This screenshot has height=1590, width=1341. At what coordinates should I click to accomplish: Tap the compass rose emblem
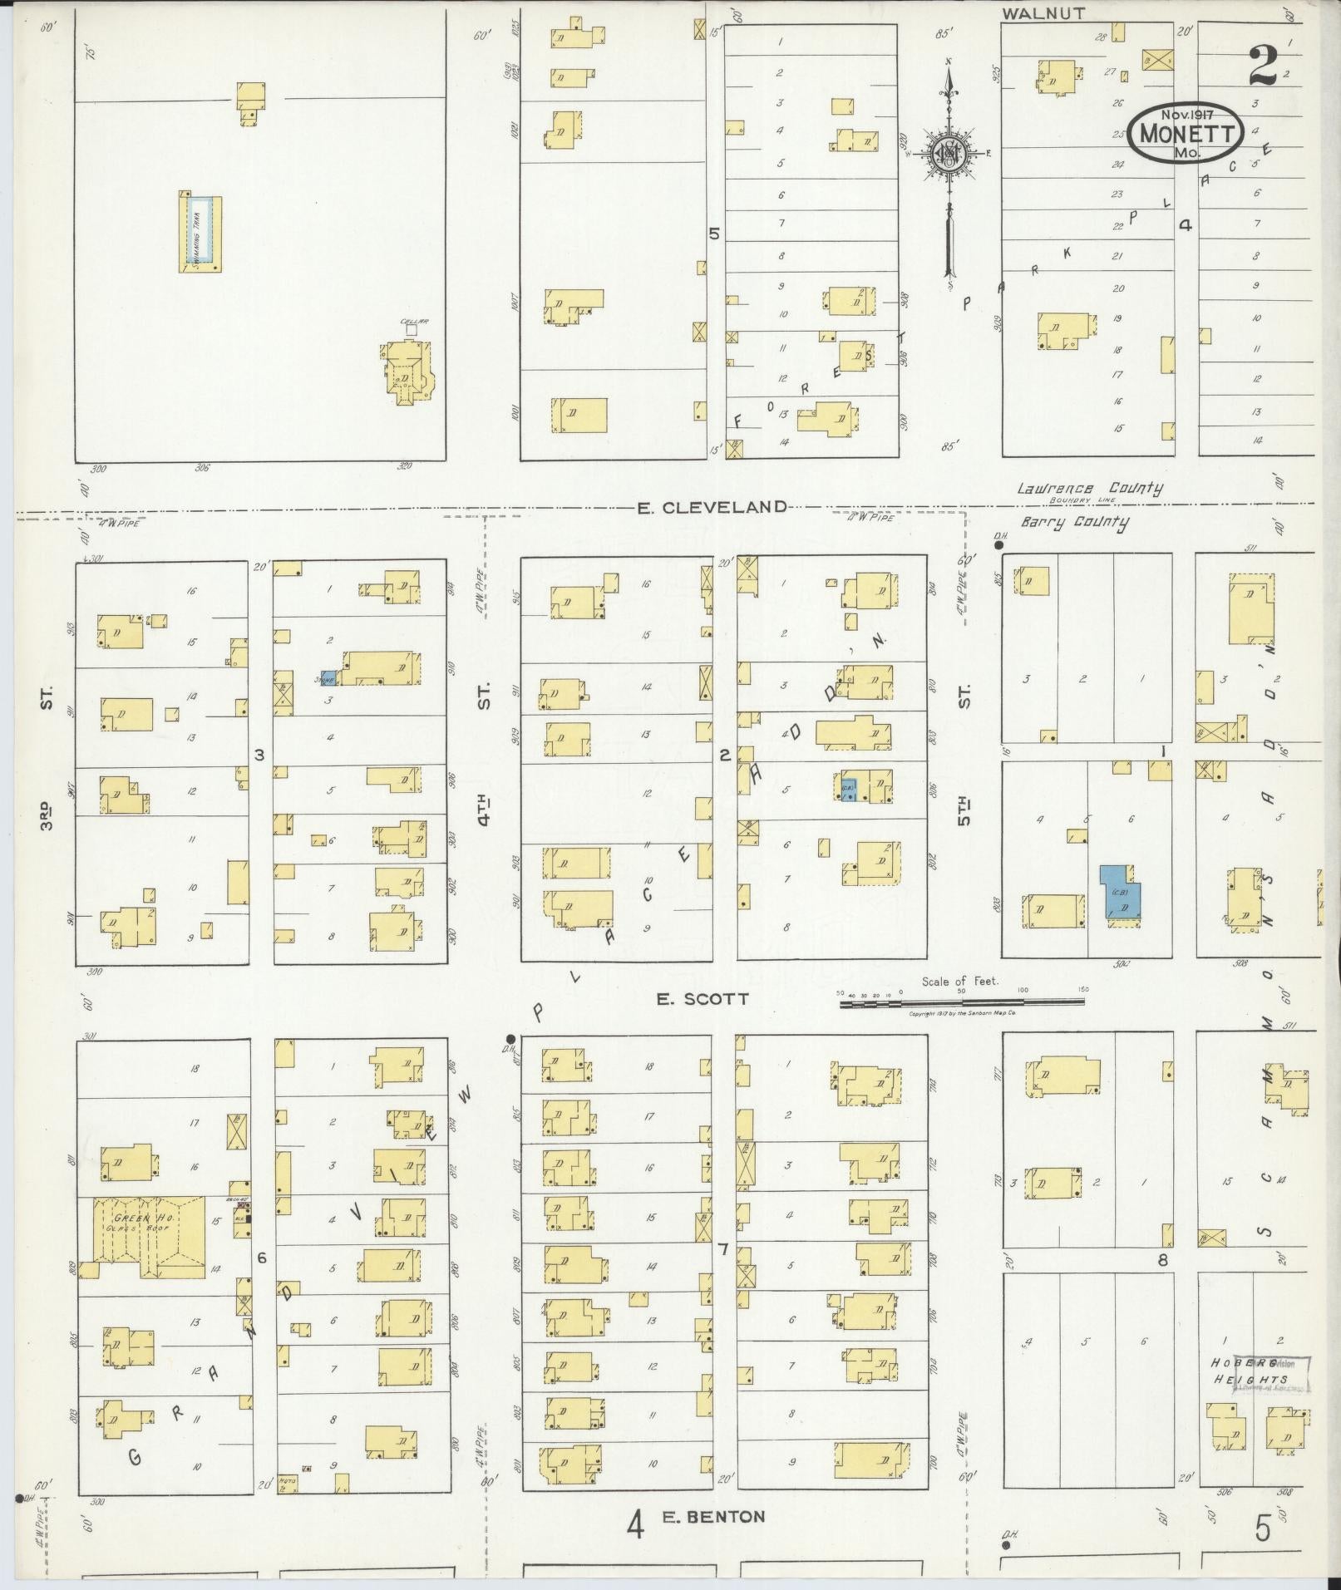pos(947,154)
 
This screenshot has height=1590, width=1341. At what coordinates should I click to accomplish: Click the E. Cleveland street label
pos(712,506)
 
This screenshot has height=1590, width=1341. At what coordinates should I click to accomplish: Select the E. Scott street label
pos(703,999)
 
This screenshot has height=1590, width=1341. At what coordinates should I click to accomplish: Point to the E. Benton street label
pos(713,1516)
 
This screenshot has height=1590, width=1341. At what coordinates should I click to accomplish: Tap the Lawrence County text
pos(1089,489)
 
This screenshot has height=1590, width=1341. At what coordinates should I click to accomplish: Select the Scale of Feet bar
pos(962,1003)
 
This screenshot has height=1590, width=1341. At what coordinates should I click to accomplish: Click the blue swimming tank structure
pos(202,232)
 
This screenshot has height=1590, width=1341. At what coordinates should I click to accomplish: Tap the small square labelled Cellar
pos(410,330)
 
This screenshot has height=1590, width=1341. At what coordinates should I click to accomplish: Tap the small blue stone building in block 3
pos(329,678)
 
